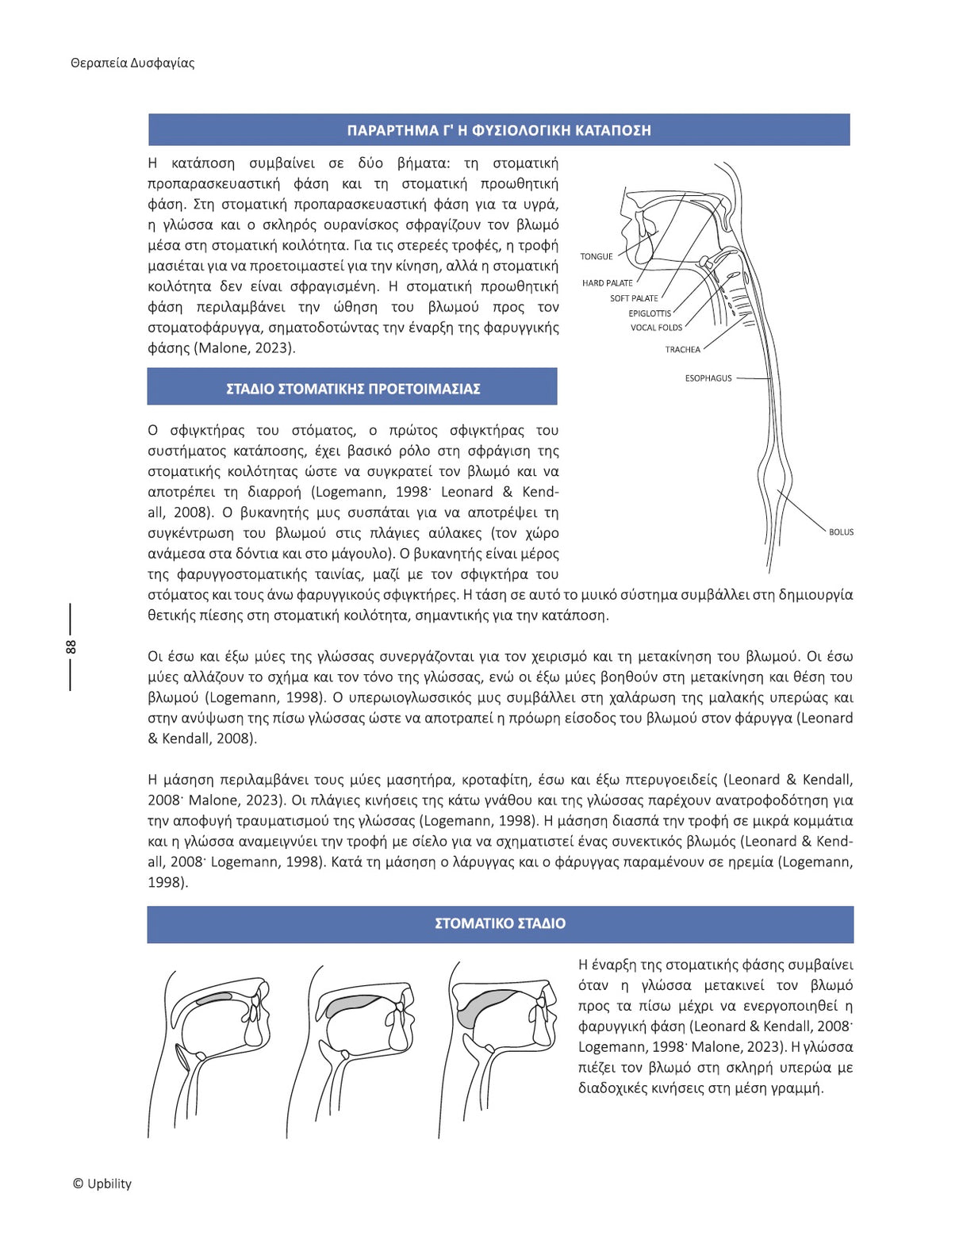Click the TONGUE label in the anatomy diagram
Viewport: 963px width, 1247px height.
(x=596, y=256)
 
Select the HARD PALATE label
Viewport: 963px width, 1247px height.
(x=607, y=283)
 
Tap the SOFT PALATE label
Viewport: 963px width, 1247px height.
(x=634, y=298)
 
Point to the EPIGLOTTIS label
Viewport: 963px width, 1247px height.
(x=650, y=313)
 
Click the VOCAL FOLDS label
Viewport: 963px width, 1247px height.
(x=656, y=328)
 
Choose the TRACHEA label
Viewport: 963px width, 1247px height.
(x=682, y=350)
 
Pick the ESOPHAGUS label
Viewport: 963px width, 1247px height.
(x=708, y=378)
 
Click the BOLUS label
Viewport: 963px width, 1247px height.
(x=841, y=532)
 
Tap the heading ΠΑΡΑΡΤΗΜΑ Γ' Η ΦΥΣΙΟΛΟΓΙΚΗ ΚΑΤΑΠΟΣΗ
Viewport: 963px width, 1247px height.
(x=499, y=130)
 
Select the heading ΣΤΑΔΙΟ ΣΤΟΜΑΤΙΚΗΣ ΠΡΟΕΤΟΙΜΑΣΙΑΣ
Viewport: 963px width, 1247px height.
(x=353, y=389)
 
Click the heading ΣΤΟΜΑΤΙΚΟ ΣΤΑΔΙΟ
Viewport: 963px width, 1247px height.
(x=500, y=923)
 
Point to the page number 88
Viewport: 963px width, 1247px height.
(x=71, y=647)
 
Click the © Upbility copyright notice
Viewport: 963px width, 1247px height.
(x=102, y=1184)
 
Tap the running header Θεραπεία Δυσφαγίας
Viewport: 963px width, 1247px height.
(x=132, y=63)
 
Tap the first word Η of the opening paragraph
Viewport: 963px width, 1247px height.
(x=152, y=163)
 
